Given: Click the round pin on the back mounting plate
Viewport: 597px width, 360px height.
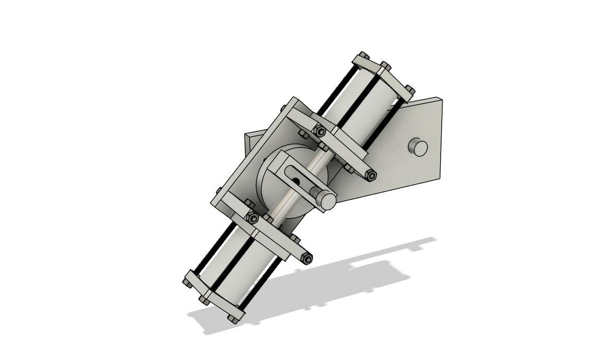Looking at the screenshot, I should point(418,148).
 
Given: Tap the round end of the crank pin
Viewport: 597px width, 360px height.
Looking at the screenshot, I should point(327,201).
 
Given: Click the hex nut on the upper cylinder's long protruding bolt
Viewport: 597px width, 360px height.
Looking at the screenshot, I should point(371,176).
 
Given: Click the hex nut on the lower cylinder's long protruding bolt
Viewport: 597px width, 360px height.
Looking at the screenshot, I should point(308,259).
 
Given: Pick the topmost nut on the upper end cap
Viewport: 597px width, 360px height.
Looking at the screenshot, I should point(363,56).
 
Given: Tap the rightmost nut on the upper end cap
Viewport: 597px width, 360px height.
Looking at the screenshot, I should point(410,90).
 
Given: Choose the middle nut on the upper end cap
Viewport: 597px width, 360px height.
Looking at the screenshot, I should point(385,66).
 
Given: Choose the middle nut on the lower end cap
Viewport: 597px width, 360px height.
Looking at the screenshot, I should point(204,300).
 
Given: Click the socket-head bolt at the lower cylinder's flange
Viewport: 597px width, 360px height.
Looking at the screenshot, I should point(253,219).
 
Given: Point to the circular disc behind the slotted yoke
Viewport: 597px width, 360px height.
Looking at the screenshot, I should point(271,193).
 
